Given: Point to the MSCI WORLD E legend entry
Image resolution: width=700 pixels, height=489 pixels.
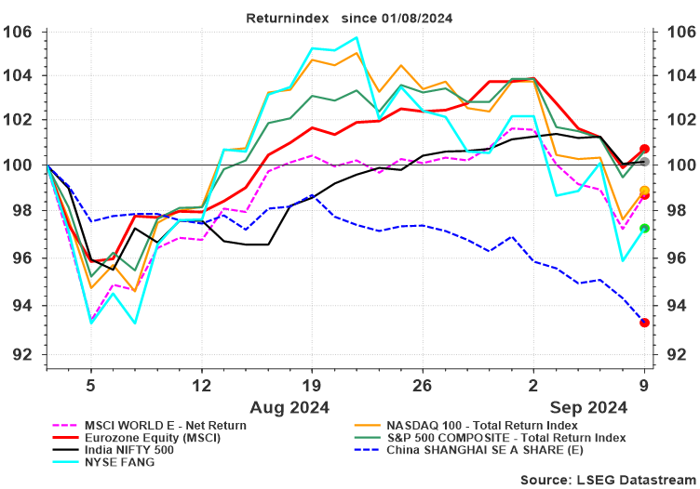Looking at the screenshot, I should click(x=164, y=423).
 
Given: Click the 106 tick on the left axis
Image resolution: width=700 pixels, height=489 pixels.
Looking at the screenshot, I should click(x=20, y=32).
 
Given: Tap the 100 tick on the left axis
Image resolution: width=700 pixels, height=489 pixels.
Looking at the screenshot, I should click(x=20, y=165).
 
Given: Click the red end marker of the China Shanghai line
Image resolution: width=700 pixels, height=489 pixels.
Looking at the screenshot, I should click(x=644, y=323).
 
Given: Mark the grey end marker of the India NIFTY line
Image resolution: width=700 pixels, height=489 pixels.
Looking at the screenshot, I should click(x=644, y=162).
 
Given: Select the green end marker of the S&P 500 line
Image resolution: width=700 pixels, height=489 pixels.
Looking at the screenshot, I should click(x=644, y=229).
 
